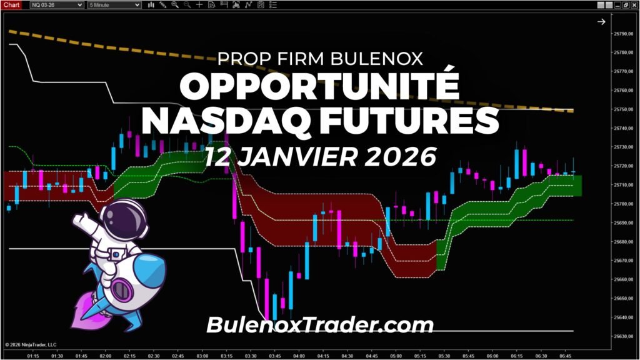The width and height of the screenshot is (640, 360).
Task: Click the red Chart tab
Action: click(x=12, y=4)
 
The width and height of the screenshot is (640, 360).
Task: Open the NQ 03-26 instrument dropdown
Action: click(x=57, y=5)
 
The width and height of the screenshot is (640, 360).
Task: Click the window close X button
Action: click(x=634, y=4)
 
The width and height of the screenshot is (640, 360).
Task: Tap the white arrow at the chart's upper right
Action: click(x=601, y=22)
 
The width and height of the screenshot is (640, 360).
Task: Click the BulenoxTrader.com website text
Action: click(x=319, y=324)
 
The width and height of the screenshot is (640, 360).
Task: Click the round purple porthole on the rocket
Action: click(x=119, y=289)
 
